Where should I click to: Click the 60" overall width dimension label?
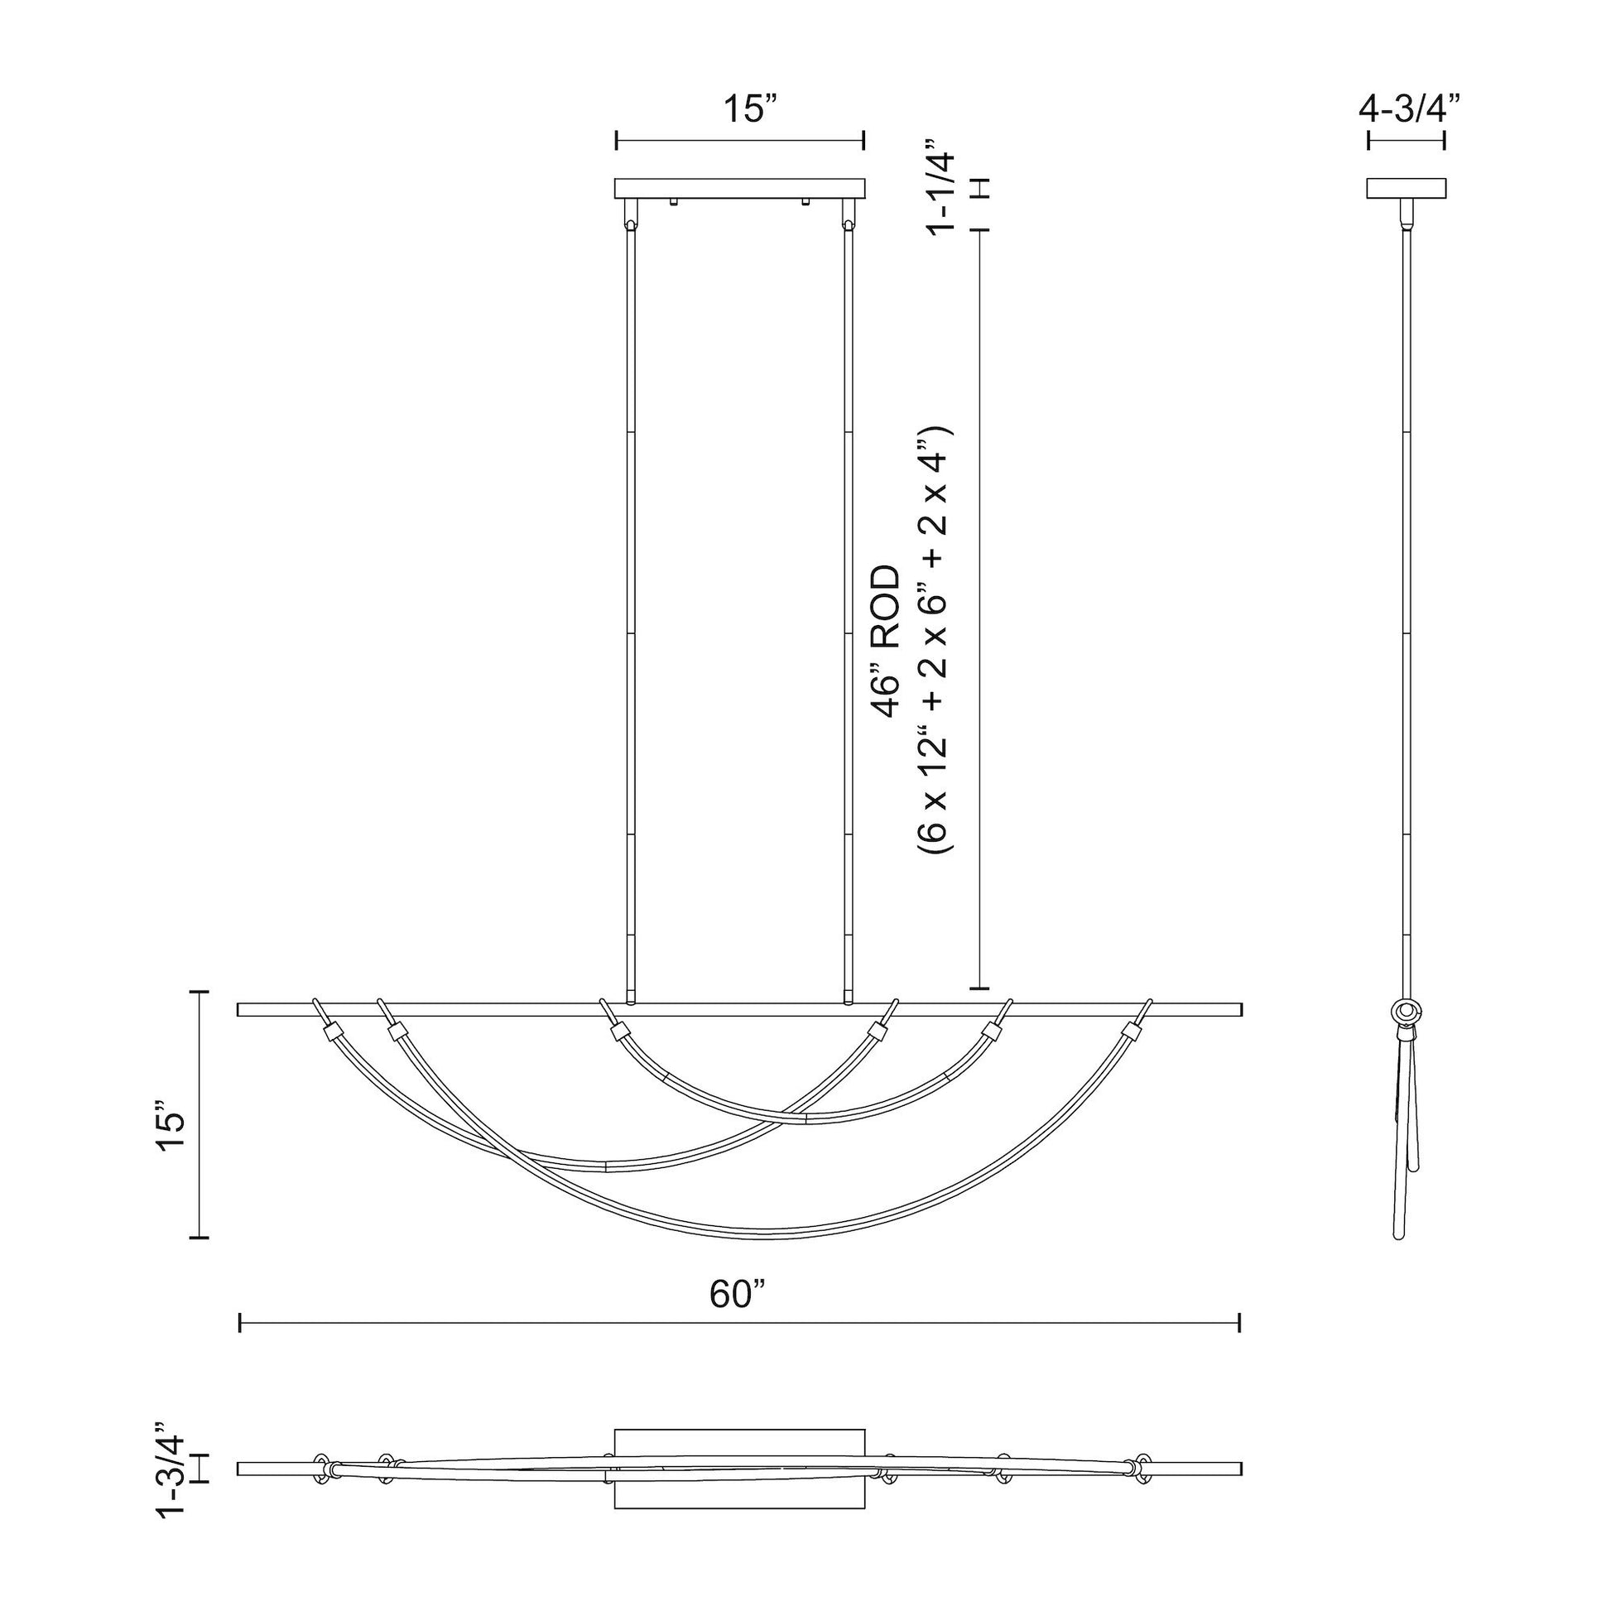[x=738, y=1293]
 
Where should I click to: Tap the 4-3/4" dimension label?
[x=1409, y=109]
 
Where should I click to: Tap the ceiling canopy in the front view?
[x=739, y=189]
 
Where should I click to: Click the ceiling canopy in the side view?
[x=1406, y=189]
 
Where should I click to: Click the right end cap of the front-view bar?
[x=1241, y=1010]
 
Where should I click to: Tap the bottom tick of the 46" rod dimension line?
[x=979, y=989]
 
